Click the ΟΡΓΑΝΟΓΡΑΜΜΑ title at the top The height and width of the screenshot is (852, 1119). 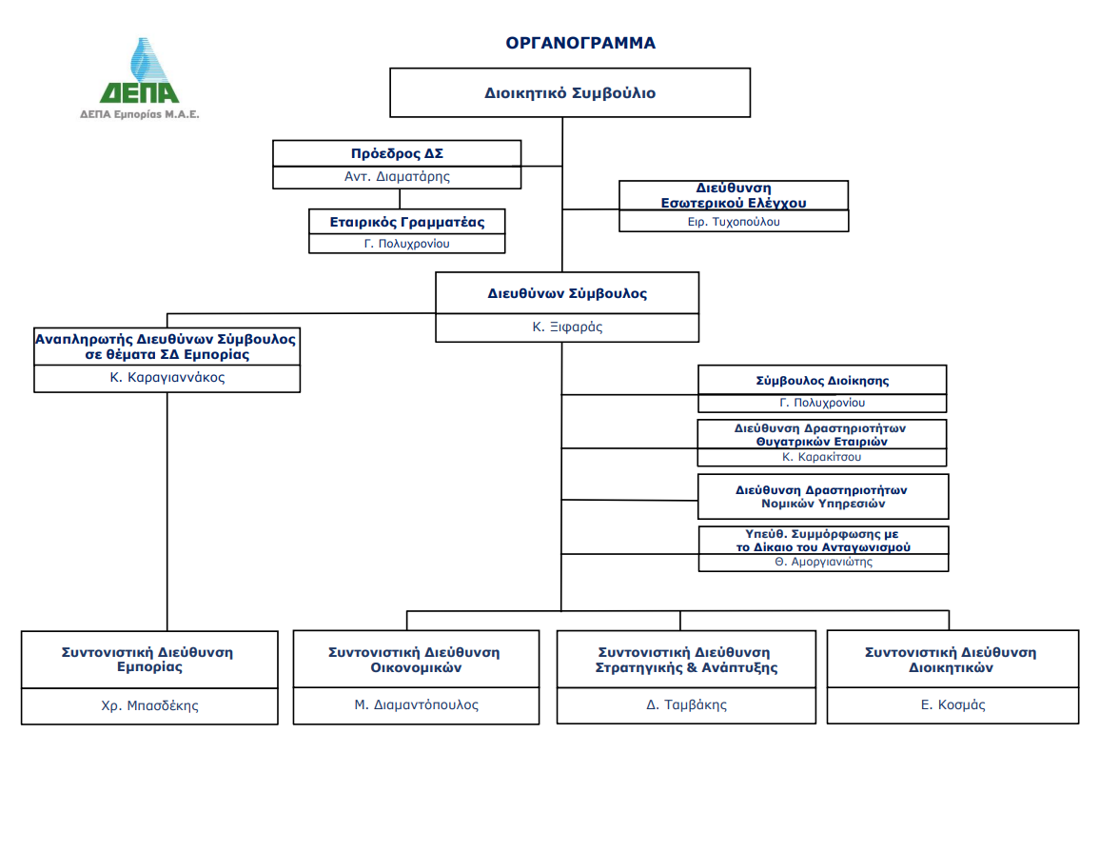tap(579, 43)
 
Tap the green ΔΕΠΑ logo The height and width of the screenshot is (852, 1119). tap(140, 76)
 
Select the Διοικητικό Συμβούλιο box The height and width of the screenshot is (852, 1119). tap(570, 93)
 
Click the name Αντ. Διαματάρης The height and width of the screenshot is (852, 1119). tap(397, 176)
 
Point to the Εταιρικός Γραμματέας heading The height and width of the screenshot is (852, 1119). tap(407, 222)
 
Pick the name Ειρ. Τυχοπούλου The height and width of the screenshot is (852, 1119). tap(733, 222)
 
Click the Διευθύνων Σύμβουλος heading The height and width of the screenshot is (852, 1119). tap(567, 293)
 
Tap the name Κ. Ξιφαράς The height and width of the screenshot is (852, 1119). tap(567, 327)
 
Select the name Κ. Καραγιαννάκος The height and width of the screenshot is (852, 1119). tap(167, 377)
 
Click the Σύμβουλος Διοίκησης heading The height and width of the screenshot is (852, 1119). tap(822, 380)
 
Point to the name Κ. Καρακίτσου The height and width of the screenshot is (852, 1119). tap(822, 457)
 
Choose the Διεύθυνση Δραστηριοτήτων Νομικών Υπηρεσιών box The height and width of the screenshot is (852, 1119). tap(823, 496)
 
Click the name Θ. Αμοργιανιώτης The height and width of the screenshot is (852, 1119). tap(823, 562)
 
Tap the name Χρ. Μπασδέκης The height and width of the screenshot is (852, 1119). tap(149, 705)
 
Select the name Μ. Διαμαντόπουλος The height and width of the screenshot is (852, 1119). tap(417, 705)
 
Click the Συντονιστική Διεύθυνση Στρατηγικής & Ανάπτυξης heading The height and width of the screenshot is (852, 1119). tap(686, 660)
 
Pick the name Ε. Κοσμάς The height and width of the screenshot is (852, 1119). tap(952, 705)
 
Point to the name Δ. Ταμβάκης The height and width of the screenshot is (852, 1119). tap(686, 705)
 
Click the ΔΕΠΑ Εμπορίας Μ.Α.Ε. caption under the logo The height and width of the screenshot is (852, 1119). tap(140, 113)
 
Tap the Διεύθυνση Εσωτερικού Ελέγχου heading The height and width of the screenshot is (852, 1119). tap(733, 195)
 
